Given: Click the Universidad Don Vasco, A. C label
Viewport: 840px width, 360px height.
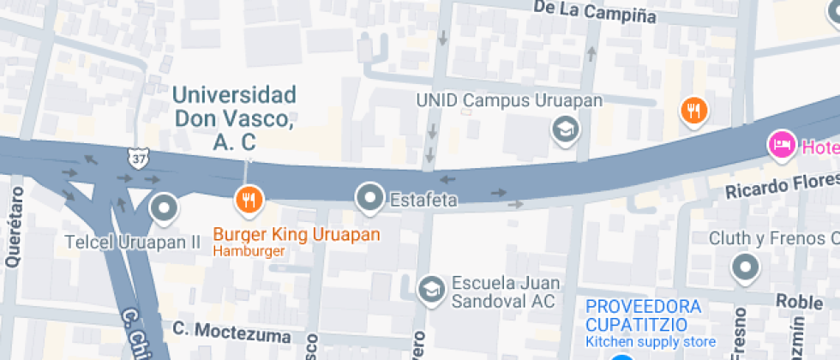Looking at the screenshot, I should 235,118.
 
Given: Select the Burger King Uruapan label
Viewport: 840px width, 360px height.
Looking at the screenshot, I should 296,234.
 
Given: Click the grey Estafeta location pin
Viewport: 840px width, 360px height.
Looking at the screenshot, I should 369,197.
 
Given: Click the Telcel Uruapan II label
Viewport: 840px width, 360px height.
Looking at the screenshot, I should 132,243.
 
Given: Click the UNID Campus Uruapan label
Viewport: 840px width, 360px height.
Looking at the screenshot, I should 509,99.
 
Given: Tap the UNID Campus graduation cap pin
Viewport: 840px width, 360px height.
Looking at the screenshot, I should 566,129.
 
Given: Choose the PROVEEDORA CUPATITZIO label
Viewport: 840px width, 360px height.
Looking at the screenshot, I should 643,315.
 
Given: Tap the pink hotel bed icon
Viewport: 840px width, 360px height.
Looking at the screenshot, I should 781,145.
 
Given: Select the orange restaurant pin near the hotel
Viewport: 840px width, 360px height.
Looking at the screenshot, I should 693,110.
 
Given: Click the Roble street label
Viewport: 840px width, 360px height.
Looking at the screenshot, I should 798,301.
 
